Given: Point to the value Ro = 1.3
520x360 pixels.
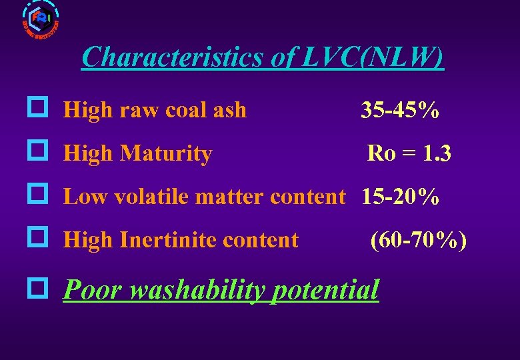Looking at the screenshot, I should (x=409, y=154).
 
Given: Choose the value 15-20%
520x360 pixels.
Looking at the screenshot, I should (x=400, y=197).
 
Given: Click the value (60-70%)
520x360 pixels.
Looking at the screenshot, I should (x=419, y=239).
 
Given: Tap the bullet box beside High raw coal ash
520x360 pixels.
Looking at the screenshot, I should (x=37, y=108).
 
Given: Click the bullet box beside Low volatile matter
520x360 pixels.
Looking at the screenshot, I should (x=37, y=194).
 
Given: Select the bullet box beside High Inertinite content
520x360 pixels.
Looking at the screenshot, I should (x=37, y=237).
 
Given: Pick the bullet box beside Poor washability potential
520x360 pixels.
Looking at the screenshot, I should (x=37, y=288).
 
